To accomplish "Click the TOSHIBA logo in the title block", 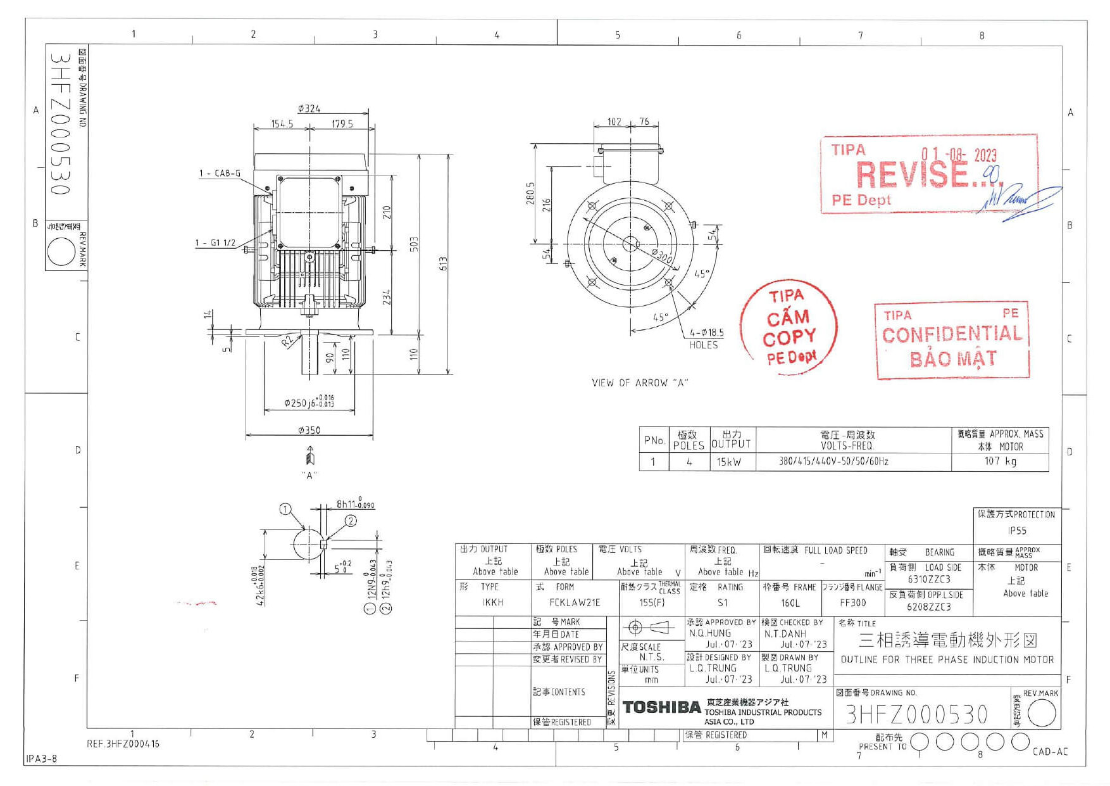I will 661,707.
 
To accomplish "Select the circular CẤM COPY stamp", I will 789,328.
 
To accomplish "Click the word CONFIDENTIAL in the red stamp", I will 952,334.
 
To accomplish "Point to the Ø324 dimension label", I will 309,109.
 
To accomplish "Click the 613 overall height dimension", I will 443,263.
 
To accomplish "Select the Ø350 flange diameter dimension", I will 309,430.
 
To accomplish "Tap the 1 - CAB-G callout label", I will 220,173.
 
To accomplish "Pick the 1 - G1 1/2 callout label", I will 215,243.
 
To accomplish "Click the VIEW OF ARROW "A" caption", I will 639,383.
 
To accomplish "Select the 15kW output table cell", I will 728,462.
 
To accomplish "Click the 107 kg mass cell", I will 1000,461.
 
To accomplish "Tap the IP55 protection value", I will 1017,531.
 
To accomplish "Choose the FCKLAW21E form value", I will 574,602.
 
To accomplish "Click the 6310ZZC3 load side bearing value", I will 928,579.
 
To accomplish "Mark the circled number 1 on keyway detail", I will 285,509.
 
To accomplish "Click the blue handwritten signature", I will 1019,201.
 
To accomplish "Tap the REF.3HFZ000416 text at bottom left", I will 123,744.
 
